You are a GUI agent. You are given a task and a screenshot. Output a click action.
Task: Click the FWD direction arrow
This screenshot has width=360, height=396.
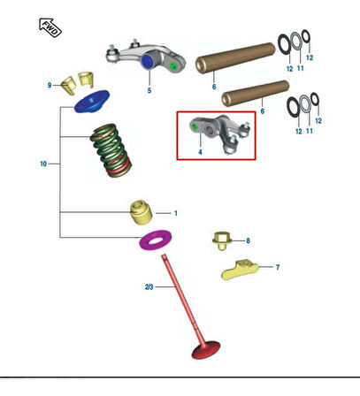[50, 27]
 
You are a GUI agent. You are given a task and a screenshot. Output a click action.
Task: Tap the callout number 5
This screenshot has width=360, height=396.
[149, 90]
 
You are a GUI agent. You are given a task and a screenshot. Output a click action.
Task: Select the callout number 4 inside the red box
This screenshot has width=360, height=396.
[200, 152]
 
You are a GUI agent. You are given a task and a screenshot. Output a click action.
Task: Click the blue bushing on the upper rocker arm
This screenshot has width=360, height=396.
[148, 61]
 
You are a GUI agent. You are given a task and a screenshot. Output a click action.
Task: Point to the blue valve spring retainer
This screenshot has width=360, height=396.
[92, 102]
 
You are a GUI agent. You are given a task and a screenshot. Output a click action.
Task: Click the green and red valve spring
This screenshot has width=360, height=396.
[111, 150]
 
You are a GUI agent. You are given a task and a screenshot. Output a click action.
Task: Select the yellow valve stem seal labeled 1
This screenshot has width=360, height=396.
[142, 212]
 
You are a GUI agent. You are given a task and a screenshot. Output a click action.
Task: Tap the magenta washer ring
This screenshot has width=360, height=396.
[156, 240]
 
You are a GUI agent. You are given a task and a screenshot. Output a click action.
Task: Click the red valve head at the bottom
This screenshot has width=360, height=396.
[206, 350]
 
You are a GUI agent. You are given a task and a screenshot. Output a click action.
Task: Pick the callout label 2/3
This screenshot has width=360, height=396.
[149, 286]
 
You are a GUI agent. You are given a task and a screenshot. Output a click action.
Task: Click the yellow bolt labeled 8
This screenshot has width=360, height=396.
[221, 240]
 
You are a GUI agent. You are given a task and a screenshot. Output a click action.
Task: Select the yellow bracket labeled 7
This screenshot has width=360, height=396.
[240, 270]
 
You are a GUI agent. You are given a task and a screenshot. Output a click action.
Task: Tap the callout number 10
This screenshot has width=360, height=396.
[43, 164]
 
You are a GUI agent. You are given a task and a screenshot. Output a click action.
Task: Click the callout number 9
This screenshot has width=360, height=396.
[50, 85]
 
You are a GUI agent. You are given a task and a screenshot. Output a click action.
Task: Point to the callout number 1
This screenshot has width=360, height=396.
[176, 213]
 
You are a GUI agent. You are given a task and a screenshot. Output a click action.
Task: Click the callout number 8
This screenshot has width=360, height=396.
[248, 240]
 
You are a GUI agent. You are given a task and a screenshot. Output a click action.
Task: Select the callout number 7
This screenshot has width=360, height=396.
[278, 267]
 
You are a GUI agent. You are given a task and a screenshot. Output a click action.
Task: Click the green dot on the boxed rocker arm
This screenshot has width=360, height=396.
[195, 126]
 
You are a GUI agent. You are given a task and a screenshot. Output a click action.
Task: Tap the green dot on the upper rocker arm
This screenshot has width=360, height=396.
[173, 65]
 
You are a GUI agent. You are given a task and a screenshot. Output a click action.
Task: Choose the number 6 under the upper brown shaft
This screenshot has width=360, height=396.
[214, 87]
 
